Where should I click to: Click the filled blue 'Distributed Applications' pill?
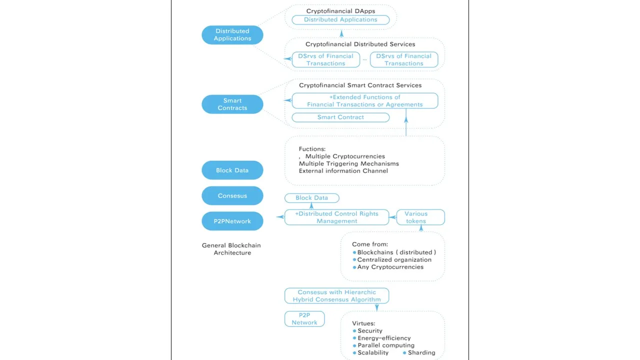pyautogui.click(x=232, y=35)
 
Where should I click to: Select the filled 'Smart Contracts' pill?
pyautogui.click(x=232, y=104)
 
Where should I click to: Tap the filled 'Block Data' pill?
pyautogui.click(x=232, y=170)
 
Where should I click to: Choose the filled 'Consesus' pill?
pyautogui.click(x=232, y=195)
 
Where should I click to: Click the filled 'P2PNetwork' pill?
pyautogui.click(x=232, y=221)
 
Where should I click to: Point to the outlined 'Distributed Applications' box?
pyautogui.click(x=340, y=19)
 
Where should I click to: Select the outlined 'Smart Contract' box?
pyautogui.click(x=340, y=117)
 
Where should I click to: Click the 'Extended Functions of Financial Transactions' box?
pyautogui.click(x=365, y=101)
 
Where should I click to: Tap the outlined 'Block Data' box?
pyautogui.click(x=311, y=198)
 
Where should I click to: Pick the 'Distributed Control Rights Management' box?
pyautogui.click(x=336, y=217)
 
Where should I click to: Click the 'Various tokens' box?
pyautogui.click(x=420, y=217)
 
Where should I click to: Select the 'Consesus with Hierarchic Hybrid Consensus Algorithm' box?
pyautogui.click(x=336, y=295)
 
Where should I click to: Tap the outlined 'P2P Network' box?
pyautogui.click(x=304, y=319)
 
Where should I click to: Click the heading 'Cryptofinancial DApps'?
pyautogui.click(x=340, y=11)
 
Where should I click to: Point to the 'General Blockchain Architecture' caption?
pyautogui.click(x=231, y=249)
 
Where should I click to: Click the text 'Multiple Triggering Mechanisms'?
pyautogui.click(x=349, y=163)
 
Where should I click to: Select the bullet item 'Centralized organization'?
pyautogui.click(x=392, y=259)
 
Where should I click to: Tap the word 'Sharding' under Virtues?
pyautogui.click(x=421, y=352)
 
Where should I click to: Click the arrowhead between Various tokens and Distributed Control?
pyautogui.click(x=393, y=217)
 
